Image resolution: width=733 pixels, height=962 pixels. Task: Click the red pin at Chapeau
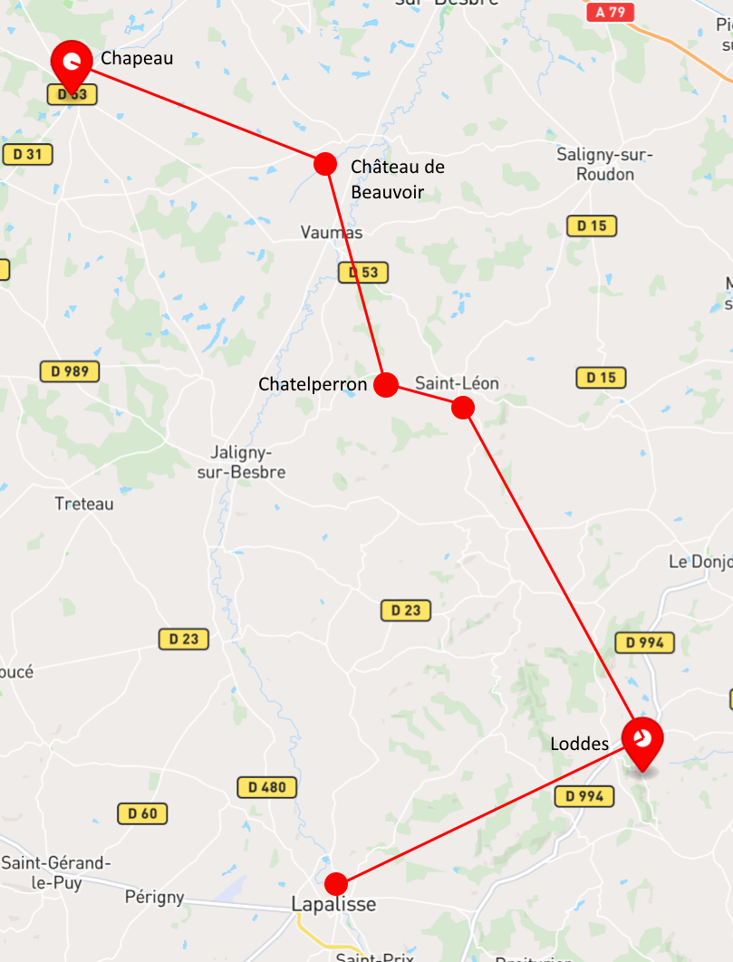[x=72, y=63]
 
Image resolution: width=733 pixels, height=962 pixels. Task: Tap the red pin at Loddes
[x=642, y=738]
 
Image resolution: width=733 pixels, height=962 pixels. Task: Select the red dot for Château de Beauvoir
[x=325, y=164]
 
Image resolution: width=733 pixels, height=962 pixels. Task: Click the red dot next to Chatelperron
[x=386, y=385]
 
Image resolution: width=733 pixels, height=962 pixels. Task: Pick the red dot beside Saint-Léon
[x=463, y=408]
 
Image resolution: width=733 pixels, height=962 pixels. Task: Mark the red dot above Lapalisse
[x=336, y=883]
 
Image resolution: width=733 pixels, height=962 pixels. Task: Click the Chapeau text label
[x=137, y=59]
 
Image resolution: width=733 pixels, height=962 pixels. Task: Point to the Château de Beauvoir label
[x=397, y=178]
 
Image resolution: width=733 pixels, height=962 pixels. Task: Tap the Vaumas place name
[x=332, y=233]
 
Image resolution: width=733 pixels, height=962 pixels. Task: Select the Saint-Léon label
[x=457, y=383]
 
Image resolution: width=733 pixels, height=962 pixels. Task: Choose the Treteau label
[x=84, y=504]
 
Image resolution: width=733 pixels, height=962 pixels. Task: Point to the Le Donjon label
[x=699, y=562]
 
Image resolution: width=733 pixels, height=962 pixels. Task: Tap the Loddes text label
[x=580, y=744]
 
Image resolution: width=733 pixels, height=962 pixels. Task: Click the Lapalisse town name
[x=333, y=904]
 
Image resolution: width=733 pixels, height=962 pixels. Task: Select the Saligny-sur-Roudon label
[x=604, y=164]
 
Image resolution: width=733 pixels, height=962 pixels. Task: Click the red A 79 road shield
[x=610, y=13]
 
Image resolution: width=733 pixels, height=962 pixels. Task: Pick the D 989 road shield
[x=70, y=371]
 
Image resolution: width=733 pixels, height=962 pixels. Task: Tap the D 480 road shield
[x=267, y=787]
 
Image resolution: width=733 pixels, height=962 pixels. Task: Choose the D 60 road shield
[x=142, y=813]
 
